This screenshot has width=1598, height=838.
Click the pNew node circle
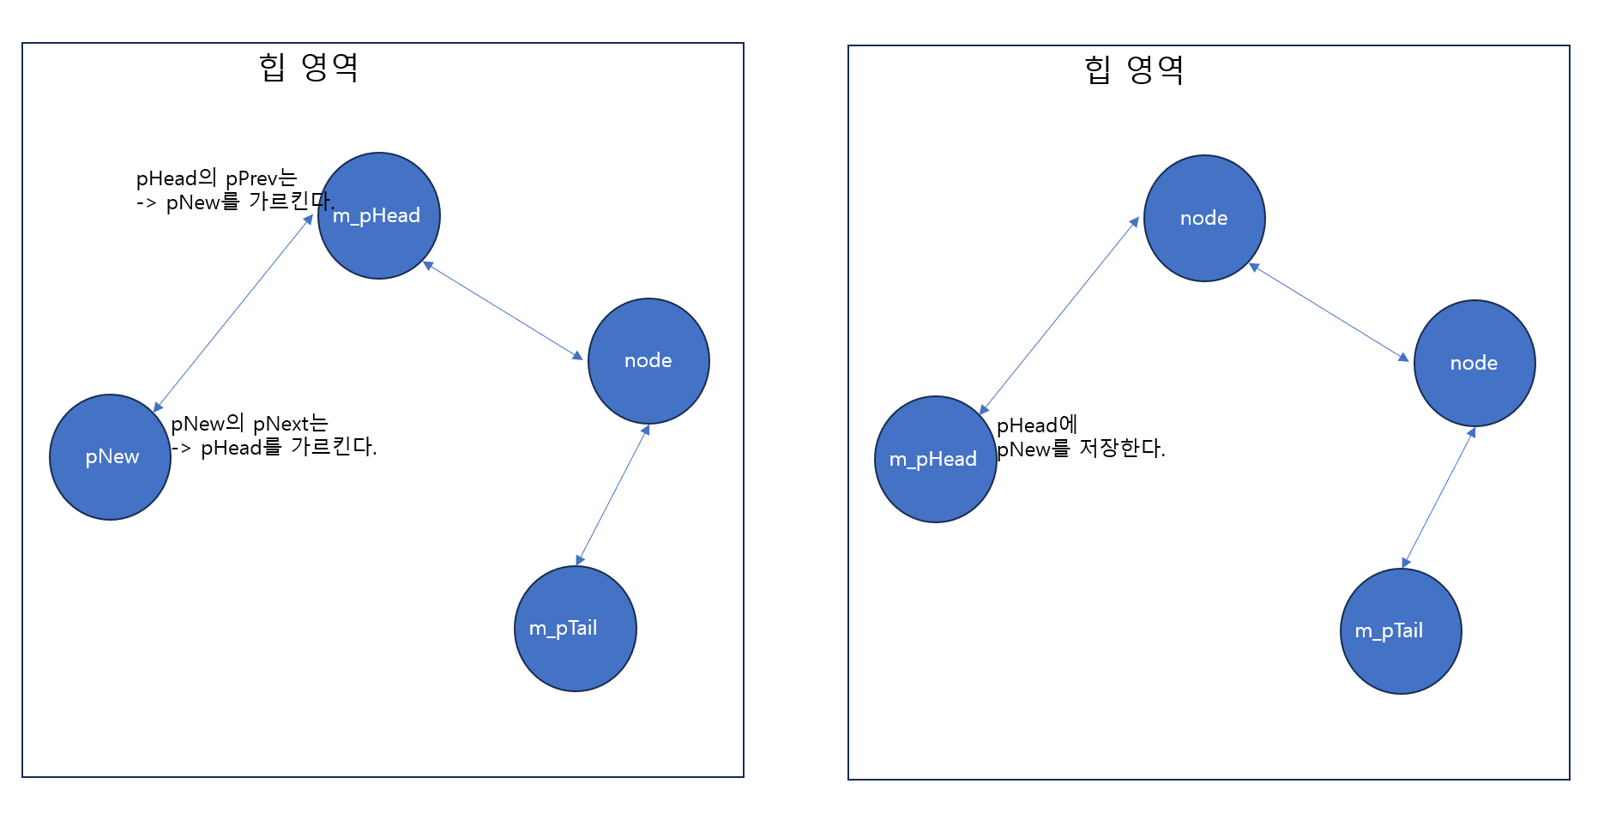pyautogui.click(x=111, y=457)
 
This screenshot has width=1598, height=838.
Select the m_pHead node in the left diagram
pyautogui.click(x=379, y=215)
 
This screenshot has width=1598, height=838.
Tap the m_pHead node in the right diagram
pyautogui.click(x=936, y=459)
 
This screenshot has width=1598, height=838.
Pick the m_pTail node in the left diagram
pyautogui.click(x=576, y=629)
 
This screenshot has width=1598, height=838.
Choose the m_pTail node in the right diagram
pyautogui.click(x=1401, y=631)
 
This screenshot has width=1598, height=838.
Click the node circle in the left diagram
pyautogui.click(x=648, y=361)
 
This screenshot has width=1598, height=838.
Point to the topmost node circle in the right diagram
pyautogui.click(x=1204, y=218)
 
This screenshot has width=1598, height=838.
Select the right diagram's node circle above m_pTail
pyautogui.click(x=1474, y=363)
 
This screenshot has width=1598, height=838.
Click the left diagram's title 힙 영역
pyautogui.click(x=309, y=67)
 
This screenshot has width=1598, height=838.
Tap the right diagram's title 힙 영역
pyautogui.click(x=1134, y=69)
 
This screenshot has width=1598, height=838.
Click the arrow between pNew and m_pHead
pyautogui.click(x=233, y=314)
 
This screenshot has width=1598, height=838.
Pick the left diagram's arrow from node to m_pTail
pyautogui.click(x=612, y=495)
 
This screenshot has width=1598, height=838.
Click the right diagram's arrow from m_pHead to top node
pyautogui.click(x=1059, y=316)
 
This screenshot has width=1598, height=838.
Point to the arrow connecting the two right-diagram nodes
pyautogui.click(x=1329, y=312)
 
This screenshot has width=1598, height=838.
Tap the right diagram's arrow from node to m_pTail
pyautogui.click(x=1438, y=497)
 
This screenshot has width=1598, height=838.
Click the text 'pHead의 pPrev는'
pyautogui.click(x=216, y=178)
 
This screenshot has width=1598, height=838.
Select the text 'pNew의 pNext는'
pyautogui.click(x=250, y=424)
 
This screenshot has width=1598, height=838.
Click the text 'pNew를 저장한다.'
pyautogui.click(x=1081, y=449)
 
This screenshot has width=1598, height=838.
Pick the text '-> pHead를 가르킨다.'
pyautogui.click(x=274, y=448)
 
